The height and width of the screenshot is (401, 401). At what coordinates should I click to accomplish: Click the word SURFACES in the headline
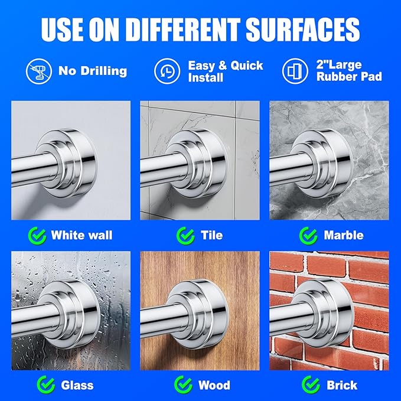tap(302, 30)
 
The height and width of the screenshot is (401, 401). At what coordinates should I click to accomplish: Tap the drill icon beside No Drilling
tap(39, 71)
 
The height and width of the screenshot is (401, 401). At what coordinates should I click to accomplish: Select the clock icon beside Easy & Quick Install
tap(167, 71)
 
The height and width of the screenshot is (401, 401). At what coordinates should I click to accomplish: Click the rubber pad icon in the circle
tap(295, 71)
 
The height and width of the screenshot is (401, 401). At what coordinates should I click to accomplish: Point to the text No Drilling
tap(93, 71)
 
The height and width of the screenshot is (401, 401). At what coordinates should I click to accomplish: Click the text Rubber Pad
tap(349, 76)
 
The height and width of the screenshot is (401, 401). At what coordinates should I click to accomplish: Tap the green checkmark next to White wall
tap(37, 236)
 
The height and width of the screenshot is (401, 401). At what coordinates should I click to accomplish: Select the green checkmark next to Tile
tap(185, 236)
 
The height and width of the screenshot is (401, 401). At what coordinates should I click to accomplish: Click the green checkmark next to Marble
tap(308, 236)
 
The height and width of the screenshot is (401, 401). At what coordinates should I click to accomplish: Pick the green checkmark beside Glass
tap(46, 384)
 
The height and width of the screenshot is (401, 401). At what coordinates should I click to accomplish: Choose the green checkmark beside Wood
tap(183, 384)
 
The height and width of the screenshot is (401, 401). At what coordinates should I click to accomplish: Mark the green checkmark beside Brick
tap(311, 384)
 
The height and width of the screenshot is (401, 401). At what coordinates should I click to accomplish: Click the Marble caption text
tap(344, 235)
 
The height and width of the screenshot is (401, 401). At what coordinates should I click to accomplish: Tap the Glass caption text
tap(77, 386)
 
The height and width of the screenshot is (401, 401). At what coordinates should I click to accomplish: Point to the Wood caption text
tap(214, 385)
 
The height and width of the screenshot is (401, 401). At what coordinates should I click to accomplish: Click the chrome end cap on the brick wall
tap(324, 314)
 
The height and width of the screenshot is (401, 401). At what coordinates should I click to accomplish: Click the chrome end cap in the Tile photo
tap(196, 164)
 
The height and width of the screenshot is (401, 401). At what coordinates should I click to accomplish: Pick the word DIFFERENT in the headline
tap(182, 30)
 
